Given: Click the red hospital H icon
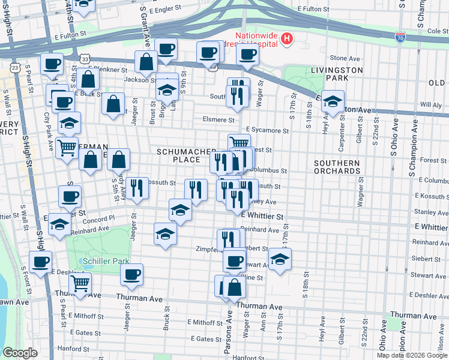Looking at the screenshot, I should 287,40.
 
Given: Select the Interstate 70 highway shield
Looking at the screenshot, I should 400,37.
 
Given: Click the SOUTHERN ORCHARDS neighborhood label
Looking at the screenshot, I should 337,167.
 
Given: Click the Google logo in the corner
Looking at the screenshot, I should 20,352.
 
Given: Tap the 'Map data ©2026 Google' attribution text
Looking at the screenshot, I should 412,355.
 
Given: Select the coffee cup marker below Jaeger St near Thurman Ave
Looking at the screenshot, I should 132,274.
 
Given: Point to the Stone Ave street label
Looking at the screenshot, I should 345,58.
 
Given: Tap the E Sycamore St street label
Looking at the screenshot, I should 264,130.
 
